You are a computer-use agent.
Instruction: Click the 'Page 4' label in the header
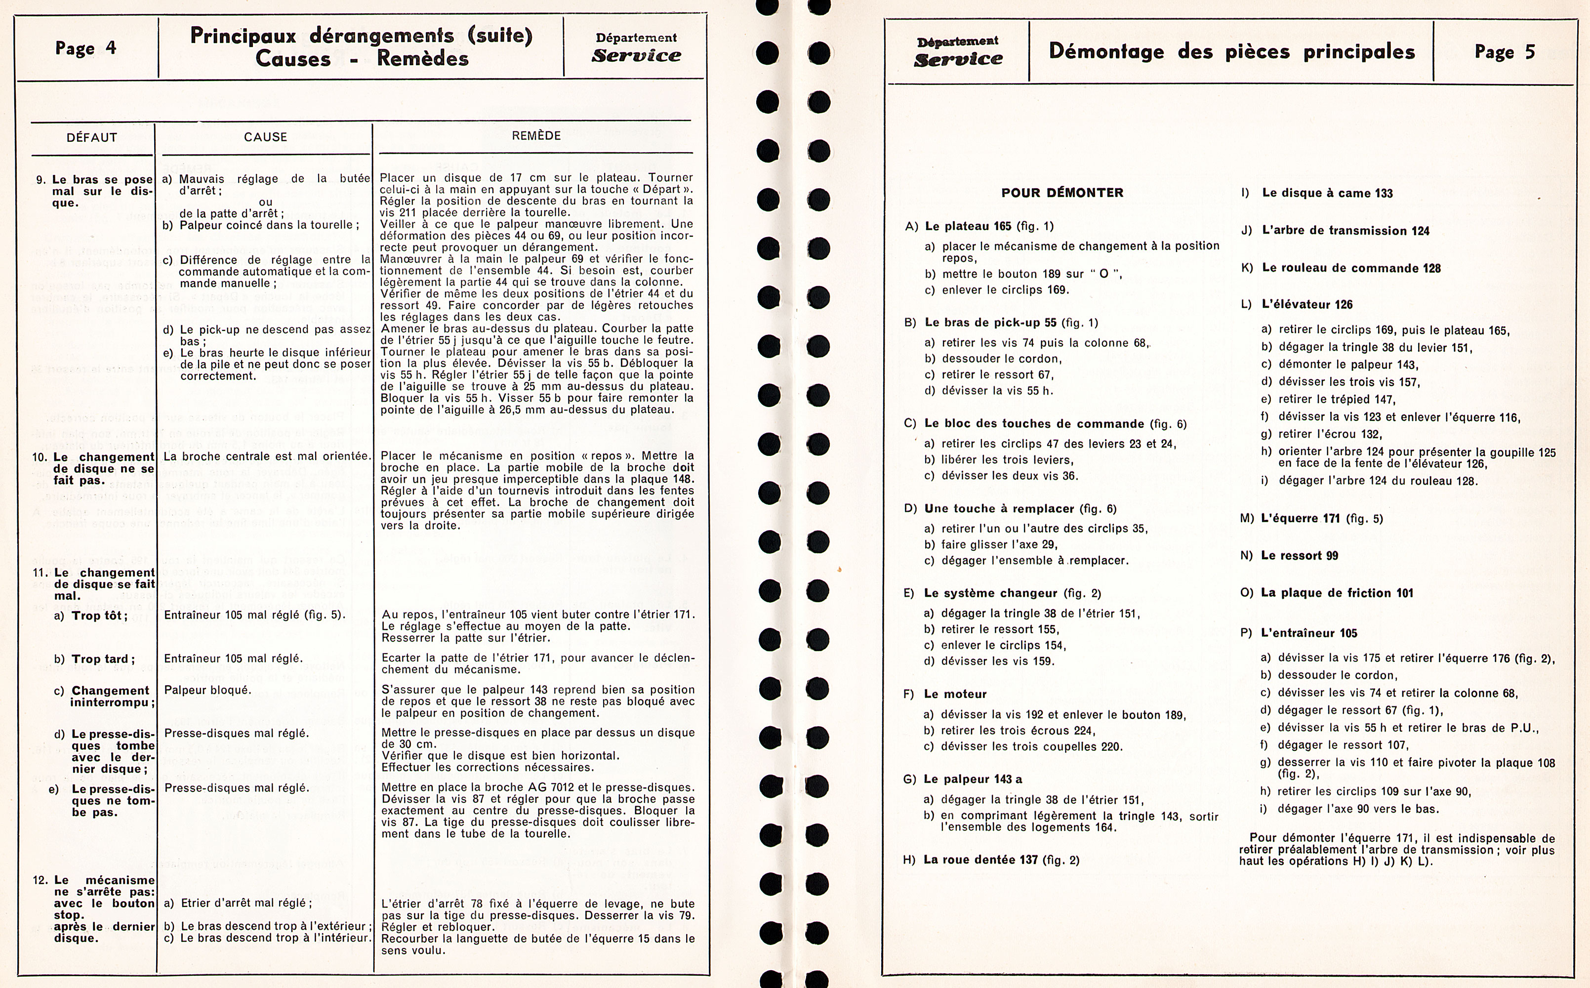coord(85,48)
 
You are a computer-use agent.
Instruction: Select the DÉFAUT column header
coord(91,138)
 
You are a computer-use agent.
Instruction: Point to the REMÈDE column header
coord(536,136)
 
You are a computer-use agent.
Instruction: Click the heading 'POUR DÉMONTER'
coord(1062,193)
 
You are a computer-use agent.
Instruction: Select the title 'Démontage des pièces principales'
coord(1231,51)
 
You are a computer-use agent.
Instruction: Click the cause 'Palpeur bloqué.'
coord(207,690)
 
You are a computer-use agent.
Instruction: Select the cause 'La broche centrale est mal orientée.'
coord(267,456)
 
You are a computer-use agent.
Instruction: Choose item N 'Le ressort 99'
coord(1299,555)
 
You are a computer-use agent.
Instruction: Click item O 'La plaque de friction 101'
coord(1336,593)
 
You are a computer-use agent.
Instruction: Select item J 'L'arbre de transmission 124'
coord(1345,231)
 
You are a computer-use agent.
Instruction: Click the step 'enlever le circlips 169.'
coord(1005,290)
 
